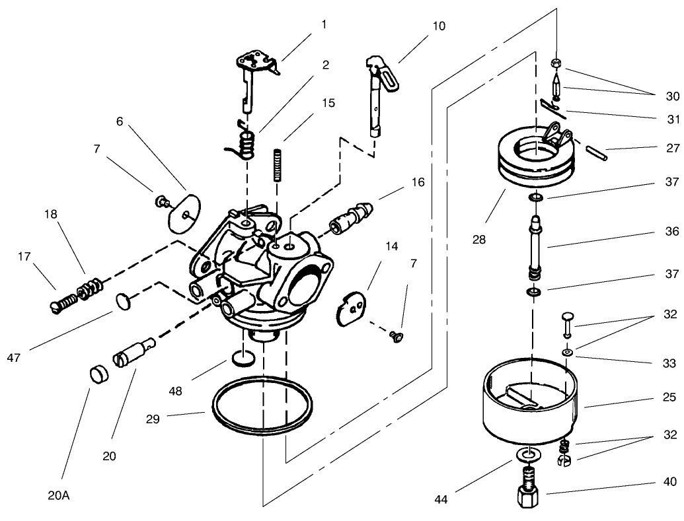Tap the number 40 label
click(669, 481)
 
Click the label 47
click(15, 357)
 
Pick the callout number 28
click(478, 239)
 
